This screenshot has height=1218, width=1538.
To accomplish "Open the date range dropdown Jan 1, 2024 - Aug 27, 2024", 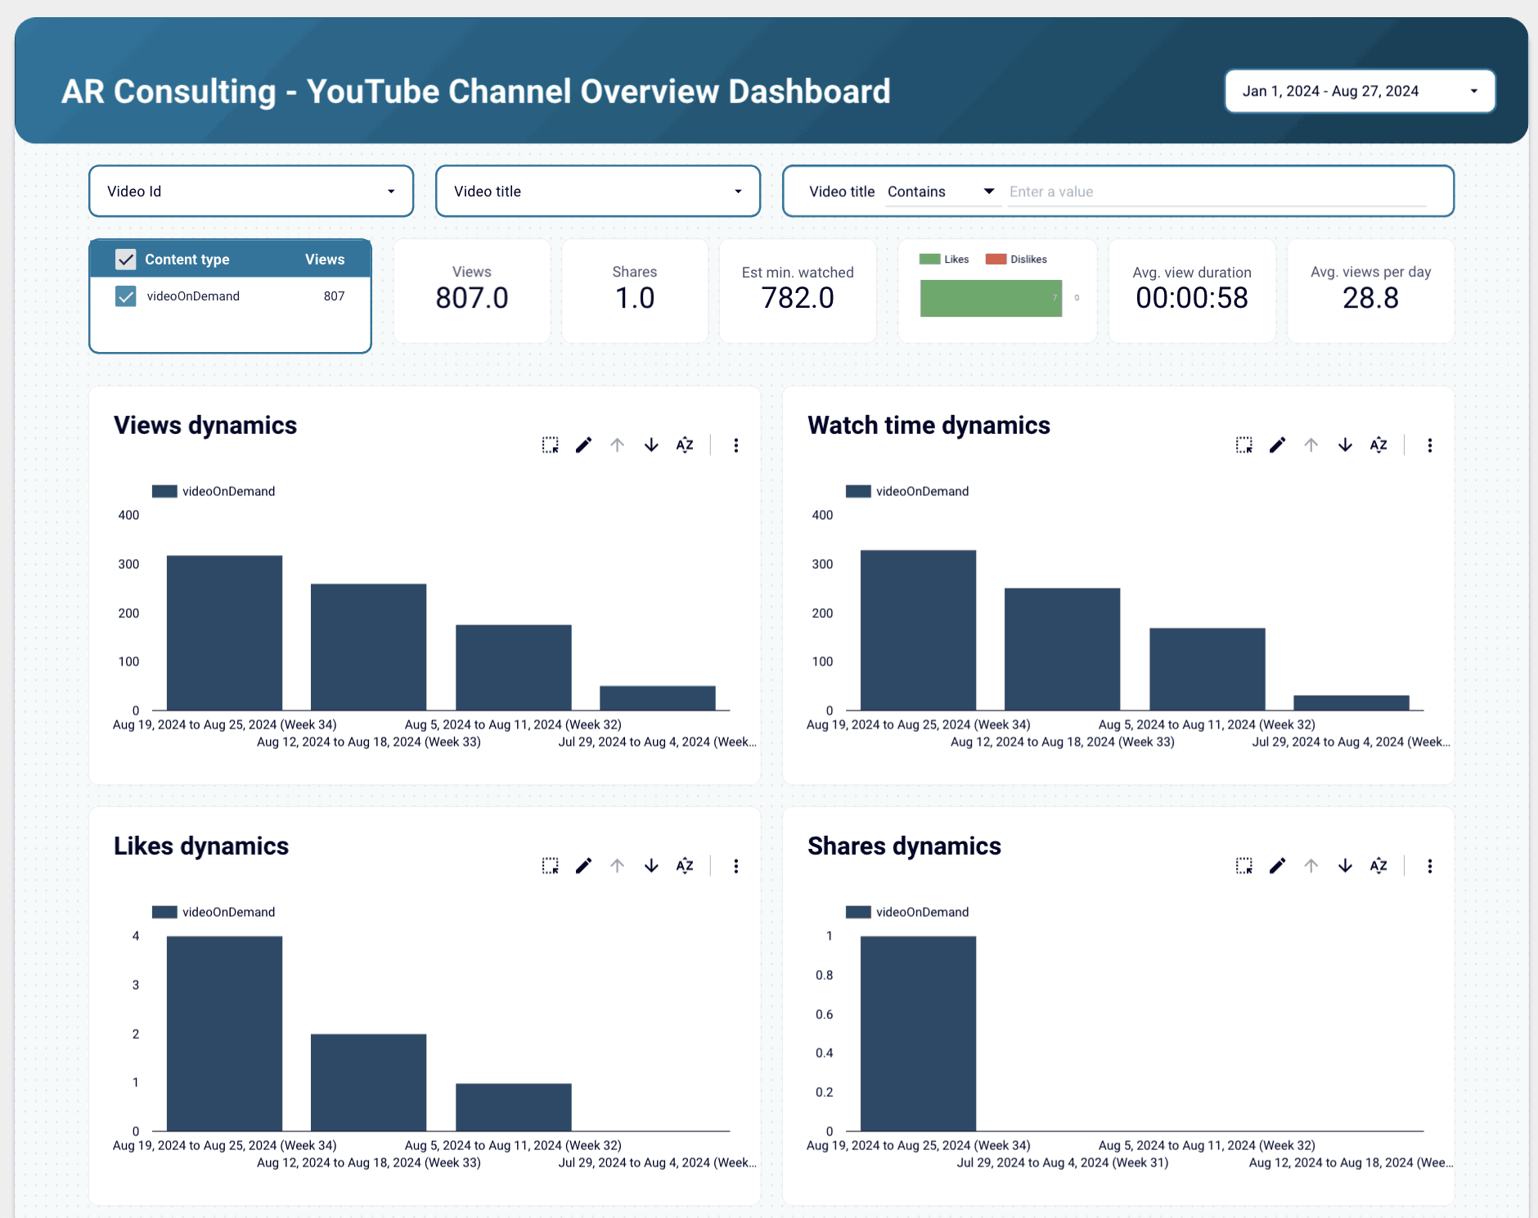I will (1360, 91).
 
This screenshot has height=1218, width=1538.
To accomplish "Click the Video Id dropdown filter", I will (251, 191).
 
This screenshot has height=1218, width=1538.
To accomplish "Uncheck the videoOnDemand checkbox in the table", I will (126, 296).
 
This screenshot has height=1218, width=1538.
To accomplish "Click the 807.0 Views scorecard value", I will (472, 298).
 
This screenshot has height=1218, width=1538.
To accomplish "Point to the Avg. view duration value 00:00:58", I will (1191, 298).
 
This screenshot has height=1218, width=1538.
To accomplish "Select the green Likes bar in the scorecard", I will (990, 298).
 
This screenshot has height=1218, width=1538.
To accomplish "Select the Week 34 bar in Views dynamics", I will (224, 633).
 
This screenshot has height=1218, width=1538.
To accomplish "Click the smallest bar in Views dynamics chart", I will (657, 698).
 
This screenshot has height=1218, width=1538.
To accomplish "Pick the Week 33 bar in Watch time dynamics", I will (1062, 648).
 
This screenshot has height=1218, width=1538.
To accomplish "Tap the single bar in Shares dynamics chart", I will (918, 1033).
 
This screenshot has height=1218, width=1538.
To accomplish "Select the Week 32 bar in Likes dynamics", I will (513, 1107).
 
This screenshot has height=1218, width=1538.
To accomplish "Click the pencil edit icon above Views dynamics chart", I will (583, 445).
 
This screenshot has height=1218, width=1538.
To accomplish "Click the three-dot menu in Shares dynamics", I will (1429, 866).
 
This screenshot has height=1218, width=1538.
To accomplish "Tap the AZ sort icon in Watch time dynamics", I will (1378, 445).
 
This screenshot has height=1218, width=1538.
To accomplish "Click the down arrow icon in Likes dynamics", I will (651, 866).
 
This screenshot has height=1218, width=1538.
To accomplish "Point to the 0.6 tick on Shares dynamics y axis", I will (824, 1014).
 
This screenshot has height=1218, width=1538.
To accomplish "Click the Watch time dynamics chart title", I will (929, 426).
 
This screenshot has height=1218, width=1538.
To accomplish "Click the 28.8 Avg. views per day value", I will (1370, 298).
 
